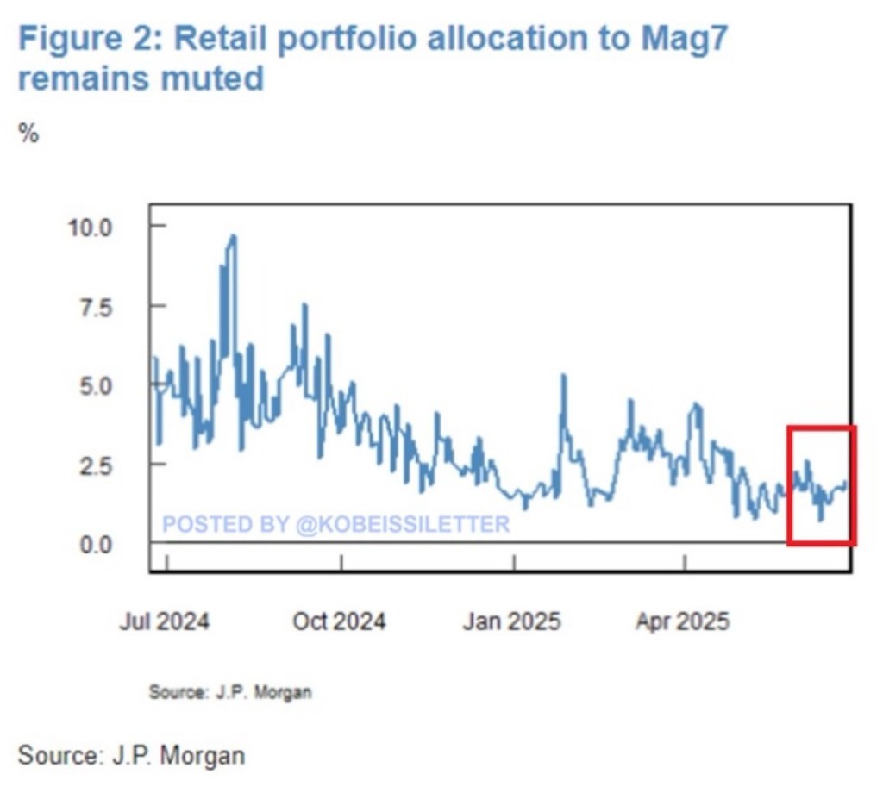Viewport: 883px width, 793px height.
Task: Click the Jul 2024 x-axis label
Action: (x=164, y=621)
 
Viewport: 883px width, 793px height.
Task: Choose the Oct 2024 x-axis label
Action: (x=339, y=621)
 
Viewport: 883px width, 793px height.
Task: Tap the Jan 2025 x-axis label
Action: (x=512, y=621)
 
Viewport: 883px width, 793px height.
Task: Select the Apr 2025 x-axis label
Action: (x=683, y=621)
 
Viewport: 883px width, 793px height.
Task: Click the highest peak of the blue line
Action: (x=233, y=237)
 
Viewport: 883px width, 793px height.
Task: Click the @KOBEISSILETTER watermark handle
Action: (x=404, y=524)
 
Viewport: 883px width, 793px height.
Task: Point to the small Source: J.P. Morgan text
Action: (x=230, y=691)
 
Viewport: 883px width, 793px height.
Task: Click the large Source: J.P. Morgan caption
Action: (x=131, y=756)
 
